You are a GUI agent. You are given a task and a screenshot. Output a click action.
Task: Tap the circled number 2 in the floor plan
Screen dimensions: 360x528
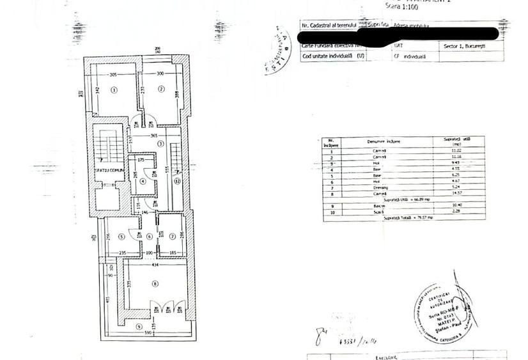162,89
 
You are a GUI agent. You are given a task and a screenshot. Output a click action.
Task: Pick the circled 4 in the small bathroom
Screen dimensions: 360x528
143,181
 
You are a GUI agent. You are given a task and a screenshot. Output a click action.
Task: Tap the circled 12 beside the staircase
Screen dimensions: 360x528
178,181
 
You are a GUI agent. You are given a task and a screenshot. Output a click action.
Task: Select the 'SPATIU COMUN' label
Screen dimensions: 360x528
107,170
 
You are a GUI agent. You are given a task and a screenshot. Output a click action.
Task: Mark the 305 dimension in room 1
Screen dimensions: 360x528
113,75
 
